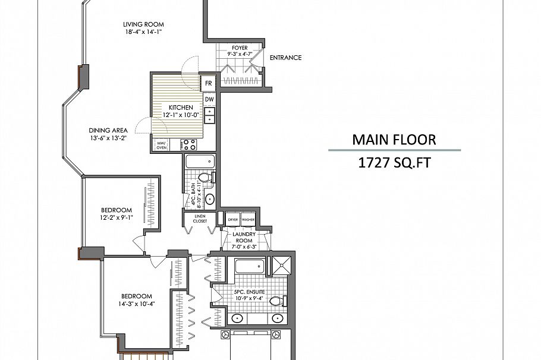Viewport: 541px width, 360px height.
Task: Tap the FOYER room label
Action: point(240,48)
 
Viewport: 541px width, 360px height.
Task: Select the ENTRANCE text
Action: point(285,58)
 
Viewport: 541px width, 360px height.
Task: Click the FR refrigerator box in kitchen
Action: point(209,84)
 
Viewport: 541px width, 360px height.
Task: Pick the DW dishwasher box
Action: point(209,99)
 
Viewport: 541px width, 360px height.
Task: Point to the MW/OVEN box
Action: point(161,144)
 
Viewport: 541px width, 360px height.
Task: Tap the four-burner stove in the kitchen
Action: point(188,144)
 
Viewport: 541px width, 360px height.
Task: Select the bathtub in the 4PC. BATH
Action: point(200,162)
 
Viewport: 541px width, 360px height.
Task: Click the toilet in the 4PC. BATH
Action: point(203,178)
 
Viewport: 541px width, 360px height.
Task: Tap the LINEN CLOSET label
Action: point(200,219)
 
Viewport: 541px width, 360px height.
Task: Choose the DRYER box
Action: point(233,219)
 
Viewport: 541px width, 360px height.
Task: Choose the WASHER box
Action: point(248,219)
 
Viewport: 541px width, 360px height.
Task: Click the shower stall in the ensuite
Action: point(281,266)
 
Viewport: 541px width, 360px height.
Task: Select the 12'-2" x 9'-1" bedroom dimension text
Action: point(116,217)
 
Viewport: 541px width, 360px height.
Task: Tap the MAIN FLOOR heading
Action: point(394,140)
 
